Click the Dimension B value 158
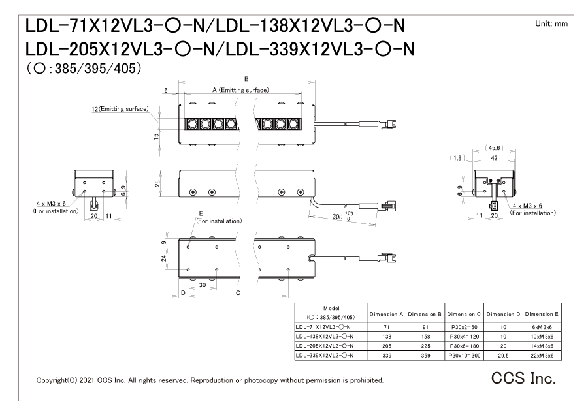[x=427, y=336]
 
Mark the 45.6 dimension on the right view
[x=494, y=147]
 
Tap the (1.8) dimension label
[x=457, y=158]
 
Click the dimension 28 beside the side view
[x=157, y=183]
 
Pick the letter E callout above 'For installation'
[x=201, y=213]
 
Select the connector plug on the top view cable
[x=391, y=123]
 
